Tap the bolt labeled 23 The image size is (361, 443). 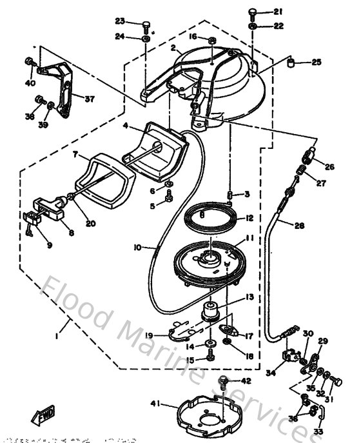tap(147, 26)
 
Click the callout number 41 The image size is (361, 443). tap(155, 404)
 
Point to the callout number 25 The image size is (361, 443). tap(316, 62)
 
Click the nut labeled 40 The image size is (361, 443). tap(30, 62)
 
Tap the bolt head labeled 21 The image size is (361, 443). tap(254, 12)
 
